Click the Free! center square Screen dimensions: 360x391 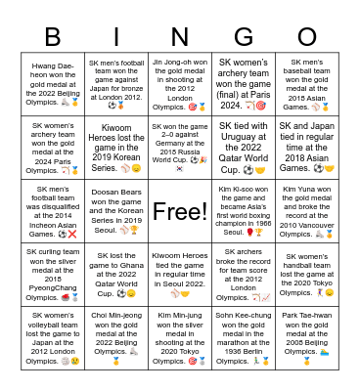click(x=180, y=210)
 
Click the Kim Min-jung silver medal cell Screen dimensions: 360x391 click(x=180, y=338)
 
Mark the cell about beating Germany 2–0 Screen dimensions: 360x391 click(x=180, y=147)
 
